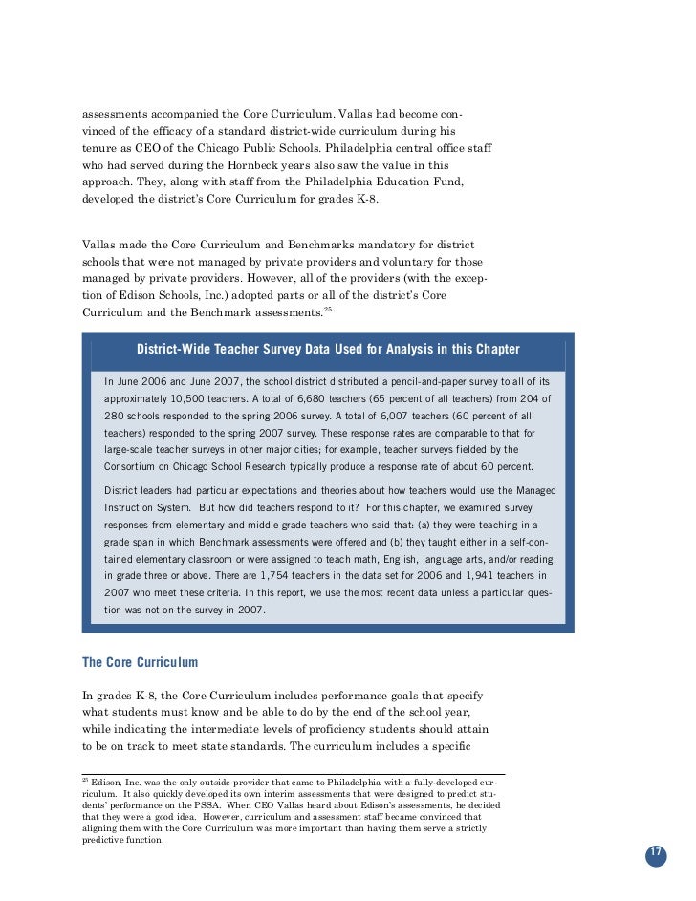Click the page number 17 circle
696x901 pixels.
click(x=656, y=854)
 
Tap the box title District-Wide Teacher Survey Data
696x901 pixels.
click(x=328, y=349)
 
